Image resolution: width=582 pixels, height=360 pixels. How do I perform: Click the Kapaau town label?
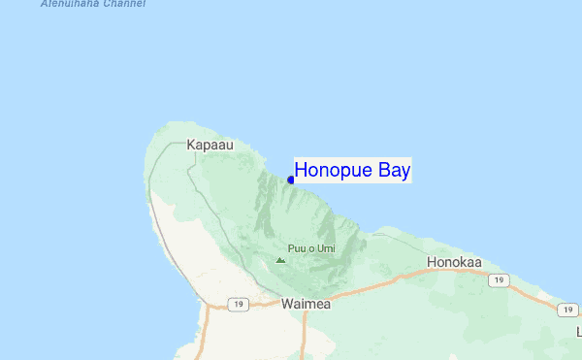tap(210, 145)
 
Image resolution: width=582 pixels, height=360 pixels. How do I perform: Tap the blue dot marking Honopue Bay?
tap(291, 180)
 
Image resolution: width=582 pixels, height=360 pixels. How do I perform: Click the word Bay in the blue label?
tap(395, 171)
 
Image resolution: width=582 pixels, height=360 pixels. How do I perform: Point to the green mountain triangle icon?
tap(280, 259)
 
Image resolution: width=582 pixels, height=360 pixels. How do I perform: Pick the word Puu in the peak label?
tap(297, 249)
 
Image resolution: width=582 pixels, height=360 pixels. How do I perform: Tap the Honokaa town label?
tap(454, 262)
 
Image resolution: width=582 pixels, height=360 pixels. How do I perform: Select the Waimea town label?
tap(306, 304)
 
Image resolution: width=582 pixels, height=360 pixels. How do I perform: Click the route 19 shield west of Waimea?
tap(238, 304)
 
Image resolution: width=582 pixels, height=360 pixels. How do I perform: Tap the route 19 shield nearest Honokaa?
tap(499, 280)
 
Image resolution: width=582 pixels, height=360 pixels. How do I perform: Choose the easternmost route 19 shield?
tap(568, 310)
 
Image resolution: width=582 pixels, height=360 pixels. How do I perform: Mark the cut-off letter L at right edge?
tap(578, 332)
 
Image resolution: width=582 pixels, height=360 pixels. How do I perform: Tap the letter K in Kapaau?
tap(191, 145)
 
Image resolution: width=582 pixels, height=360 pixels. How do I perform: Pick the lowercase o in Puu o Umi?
tap(310, 249)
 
